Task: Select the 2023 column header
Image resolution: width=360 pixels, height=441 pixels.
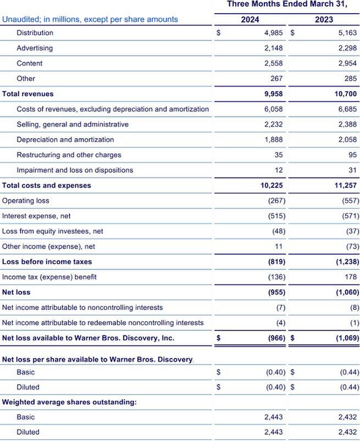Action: (x=324, y=20)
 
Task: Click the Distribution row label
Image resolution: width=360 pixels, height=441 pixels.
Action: (x=35, y=33)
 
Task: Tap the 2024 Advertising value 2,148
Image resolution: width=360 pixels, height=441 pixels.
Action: (x=274, y=48)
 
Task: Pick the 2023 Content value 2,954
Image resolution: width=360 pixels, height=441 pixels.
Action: (x=347, y=64)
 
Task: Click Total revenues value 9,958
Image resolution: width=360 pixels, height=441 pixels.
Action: (x=274, y=94)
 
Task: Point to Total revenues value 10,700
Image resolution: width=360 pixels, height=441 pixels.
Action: (x=345, y=94)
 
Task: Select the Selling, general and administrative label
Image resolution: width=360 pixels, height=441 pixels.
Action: (x=73, y=125)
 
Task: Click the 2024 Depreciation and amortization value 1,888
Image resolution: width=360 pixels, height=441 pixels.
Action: (x=274, y=139)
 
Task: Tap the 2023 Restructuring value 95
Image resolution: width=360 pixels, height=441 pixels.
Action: (x=352, y=155)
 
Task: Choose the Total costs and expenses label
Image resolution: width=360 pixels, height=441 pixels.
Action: (x=47, y=186)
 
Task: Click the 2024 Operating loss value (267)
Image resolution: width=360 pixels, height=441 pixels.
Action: (x=276, y=201)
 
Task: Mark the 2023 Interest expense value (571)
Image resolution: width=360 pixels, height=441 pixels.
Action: (x=350, y=216)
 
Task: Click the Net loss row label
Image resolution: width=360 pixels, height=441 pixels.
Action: (x=16, y=293)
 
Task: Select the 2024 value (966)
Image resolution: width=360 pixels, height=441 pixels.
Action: (x=276, y=338)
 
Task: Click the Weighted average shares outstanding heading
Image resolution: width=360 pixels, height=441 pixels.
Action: (x=69, y=403)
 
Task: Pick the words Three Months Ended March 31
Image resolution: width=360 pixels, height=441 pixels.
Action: (x=287, y=4)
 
